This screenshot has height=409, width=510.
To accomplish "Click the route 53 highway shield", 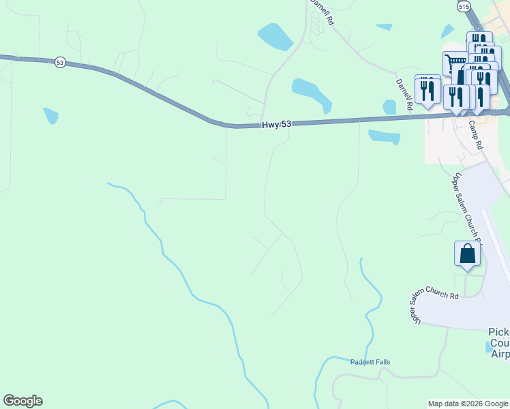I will (x=61, y=62).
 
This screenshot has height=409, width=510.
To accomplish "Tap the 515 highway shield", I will (x=464, y=6).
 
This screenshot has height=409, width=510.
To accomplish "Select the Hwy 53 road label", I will (x=277, y=125).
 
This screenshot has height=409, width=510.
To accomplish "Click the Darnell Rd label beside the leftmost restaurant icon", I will (x=404, y=95).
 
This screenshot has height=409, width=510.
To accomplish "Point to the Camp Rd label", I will (x=475, y=136).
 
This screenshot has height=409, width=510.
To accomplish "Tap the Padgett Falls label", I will (x=370, y=362).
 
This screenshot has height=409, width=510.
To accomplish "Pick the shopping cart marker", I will (x=455, y=63).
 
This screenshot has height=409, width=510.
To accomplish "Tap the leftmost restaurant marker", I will (x=427, y=89).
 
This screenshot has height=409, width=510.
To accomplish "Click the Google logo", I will (x=22, y=401).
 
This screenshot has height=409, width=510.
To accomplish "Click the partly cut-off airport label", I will (x=499, y=343).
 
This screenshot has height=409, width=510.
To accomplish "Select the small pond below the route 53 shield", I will (x=50, y=116).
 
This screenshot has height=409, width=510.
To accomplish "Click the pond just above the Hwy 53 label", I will (x=311, y=93).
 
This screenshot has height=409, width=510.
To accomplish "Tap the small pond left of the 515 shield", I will (x=447, y=31).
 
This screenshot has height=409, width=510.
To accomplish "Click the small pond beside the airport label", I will (x=488, y=346).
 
